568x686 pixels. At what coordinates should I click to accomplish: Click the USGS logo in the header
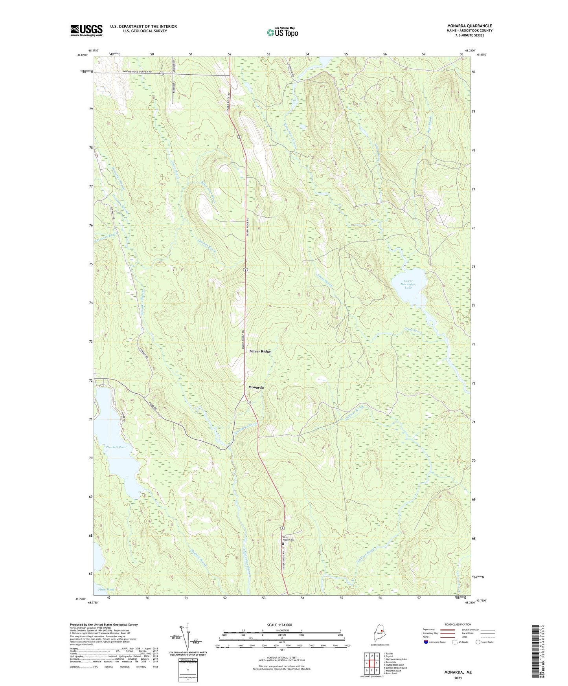point(86,30)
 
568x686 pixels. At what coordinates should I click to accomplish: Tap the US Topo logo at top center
point(282,32)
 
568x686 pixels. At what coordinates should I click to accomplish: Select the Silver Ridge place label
point(260,351)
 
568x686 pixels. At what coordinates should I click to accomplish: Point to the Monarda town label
point(256,387)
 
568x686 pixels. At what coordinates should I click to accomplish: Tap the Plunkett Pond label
point(116,448)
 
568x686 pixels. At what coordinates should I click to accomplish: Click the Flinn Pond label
point(105,590)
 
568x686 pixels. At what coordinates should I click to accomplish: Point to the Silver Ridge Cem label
point(288,539)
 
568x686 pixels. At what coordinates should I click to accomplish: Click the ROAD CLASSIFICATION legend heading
point(458,624)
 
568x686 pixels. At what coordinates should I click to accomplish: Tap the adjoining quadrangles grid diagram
point(371,664)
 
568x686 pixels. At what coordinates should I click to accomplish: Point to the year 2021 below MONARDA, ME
point(458,678)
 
